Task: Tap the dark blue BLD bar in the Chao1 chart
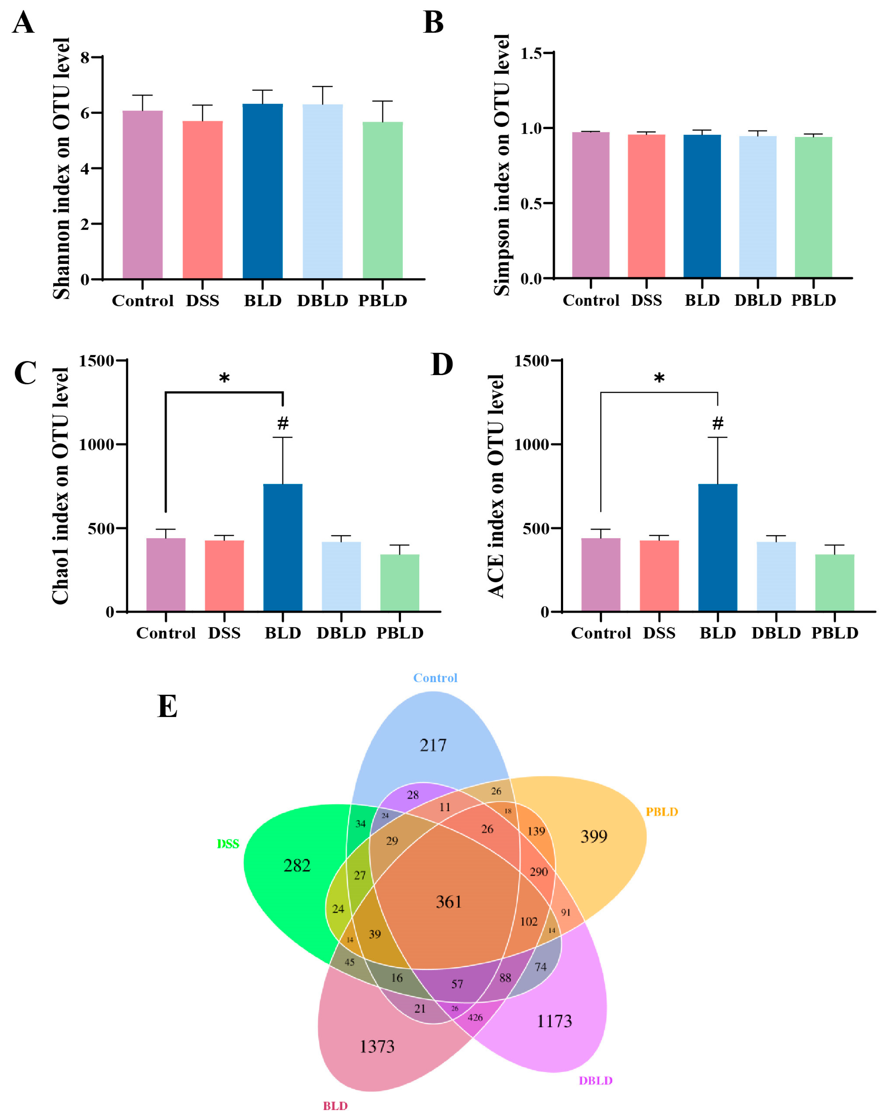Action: (x=283, y=547)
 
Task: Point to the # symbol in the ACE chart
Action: (x=717, y=423)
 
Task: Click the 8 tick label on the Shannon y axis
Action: (x=85, y=57)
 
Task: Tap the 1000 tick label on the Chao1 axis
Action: (x=96, y=444)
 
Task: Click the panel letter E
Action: (x=167, y=707)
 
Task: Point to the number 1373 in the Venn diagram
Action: (x=377, y=1046)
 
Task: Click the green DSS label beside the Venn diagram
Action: (x=228, y=844)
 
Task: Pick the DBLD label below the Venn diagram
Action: (x=595, y=1081)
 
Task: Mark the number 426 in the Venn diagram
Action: (x=475, y=1017)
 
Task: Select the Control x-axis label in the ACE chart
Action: (x=601, y=633)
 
